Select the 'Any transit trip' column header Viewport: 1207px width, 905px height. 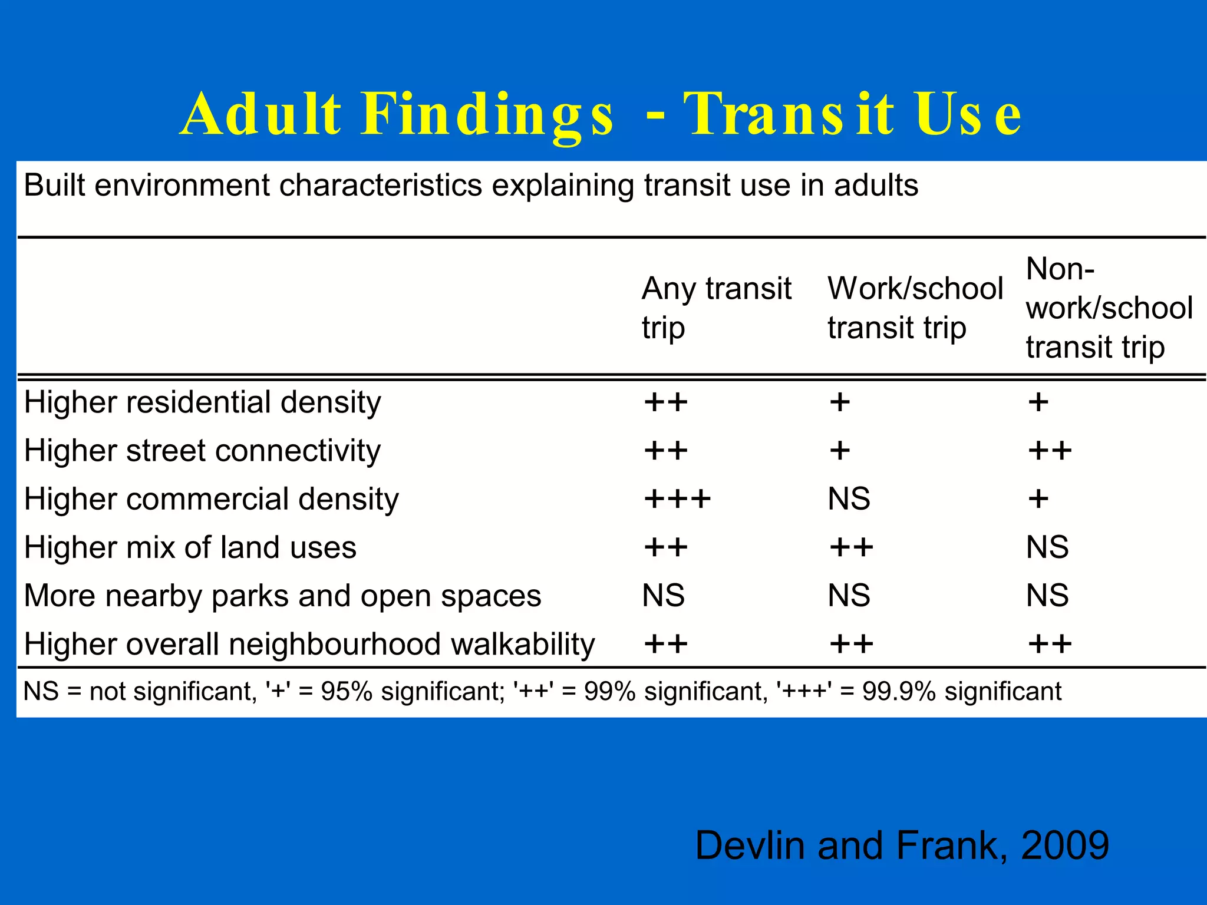click(x=716, y=308)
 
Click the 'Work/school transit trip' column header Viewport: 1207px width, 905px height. click(x=915, y=308)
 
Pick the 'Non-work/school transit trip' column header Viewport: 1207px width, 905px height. click(x=1109, y=308)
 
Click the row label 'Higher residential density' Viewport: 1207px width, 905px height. click(x=202, y=403)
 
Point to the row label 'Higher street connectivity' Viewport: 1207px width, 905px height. click(x=202, y=451)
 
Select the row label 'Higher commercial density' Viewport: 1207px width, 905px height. click(x=211, y=500)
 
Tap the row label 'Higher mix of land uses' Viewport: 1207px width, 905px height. click(x=190, y=548)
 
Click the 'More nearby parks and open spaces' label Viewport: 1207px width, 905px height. click(x=282, y=596)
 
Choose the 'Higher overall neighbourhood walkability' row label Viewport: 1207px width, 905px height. click(x=309, y=645)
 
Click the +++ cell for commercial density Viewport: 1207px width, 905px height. click(x=677, y=500)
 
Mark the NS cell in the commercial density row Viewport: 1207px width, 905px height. click(x=849, y=500)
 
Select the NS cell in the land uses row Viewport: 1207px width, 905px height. click(x=1047, y=548)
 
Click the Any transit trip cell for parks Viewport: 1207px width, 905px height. click(x=663, y=596)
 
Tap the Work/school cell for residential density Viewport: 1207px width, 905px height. click(x=840, y=403)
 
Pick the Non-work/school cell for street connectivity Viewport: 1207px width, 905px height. click(x=1050, y=451)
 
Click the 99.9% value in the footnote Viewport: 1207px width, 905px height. click(x=898, y=692)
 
